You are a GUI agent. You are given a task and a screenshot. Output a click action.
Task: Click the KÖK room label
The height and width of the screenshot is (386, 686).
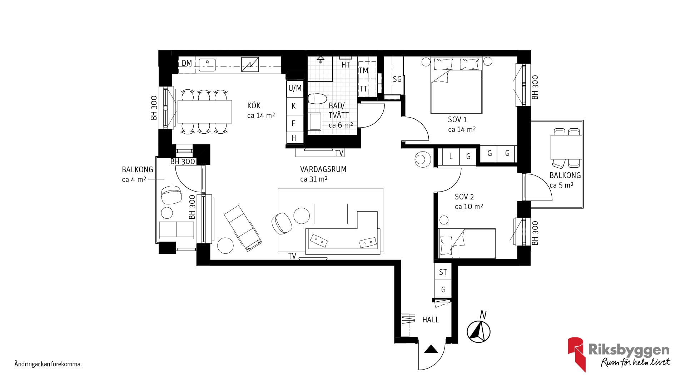click(254, 105)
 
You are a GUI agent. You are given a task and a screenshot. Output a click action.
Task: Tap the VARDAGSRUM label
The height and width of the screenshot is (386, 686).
click(323, 169)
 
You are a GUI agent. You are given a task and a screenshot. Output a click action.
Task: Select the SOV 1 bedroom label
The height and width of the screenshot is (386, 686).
click(457, 119)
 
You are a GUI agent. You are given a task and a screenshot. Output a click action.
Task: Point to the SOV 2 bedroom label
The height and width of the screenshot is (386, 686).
click(464, 197)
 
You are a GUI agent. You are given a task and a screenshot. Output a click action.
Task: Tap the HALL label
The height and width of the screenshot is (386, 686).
click(431, 320)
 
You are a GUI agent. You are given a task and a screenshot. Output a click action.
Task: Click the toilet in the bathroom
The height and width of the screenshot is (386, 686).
click(317, 99)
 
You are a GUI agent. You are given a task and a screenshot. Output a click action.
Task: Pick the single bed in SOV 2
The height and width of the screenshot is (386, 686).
click(467, 243)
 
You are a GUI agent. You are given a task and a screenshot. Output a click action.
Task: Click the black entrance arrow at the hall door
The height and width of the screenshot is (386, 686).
click(431, 349)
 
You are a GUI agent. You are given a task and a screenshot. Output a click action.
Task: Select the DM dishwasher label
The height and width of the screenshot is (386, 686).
click(187, 63)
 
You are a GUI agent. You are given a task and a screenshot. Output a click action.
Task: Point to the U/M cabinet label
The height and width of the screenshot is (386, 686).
click(295, 88)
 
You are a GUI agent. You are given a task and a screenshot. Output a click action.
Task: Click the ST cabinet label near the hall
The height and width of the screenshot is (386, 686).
click(443, 272)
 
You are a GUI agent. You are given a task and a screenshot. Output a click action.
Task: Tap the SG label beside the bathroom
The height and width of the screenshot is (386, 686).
click(397, 79)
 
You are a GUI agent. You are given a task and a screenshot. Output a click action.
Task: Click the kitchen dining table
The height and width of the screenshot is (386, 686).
click(205, 112)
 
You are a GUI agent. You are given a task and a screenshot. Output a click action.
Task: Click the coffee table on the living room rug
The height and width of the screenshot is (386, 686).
click(330, 214)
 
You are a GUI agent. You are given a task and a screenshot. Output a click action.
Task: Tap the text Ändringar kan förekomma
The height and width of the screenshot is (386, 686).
click(48, 365)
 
